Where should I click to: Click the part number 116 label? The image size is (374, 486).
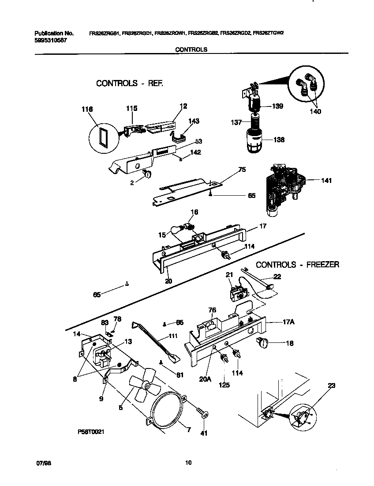point(87,108)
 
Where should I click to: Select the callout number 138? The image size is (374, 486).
point(278,140)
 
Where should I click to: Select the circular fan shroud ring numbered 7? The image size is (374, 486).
point(168,409)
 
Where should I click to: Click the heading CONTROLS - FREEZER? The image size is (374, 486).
point(297,265)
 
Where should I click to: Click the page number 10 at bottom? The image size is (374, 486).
point(188,463)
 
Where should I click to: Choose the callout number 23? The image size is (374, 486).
point(331,386)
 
